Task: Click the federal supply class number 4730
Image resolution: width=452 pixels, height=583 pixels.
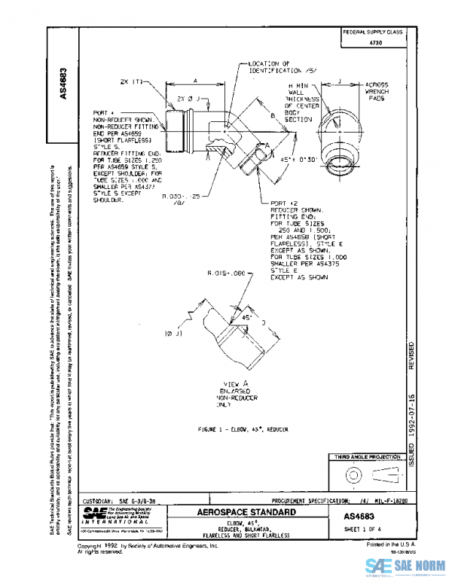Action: pyautogui.click(x=374, y=44)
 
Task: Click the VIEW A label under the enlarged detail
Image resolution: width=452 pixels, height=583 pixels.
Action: pyautogui.click(x=238, y=384)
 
